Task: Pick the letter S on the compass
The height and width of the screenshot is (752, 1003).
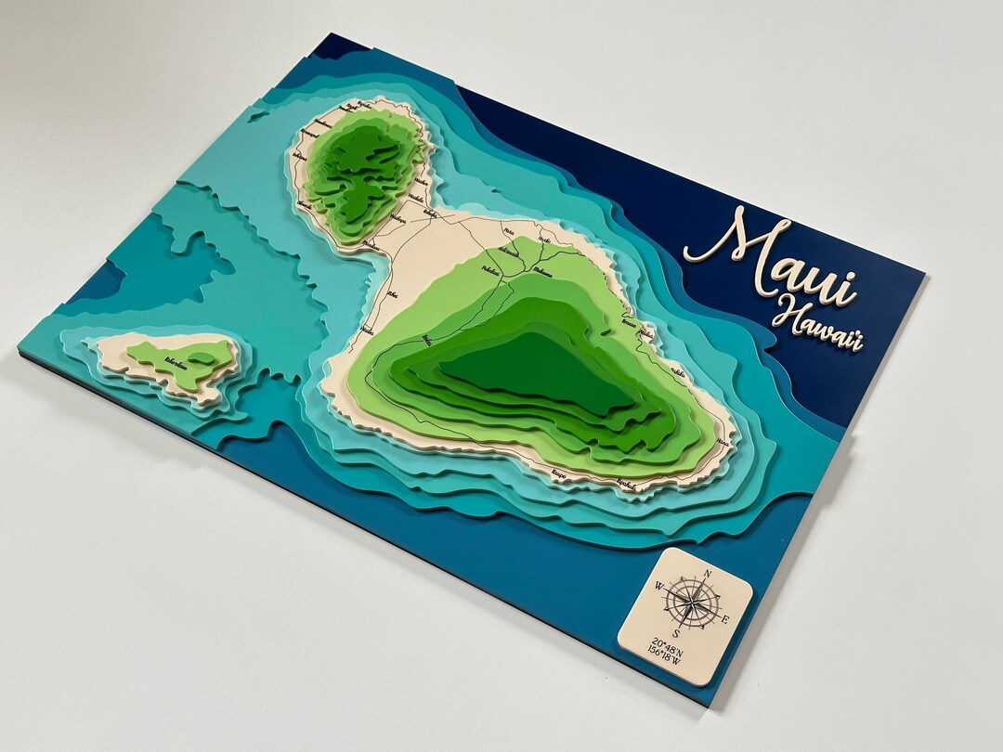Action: [676, 633]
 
